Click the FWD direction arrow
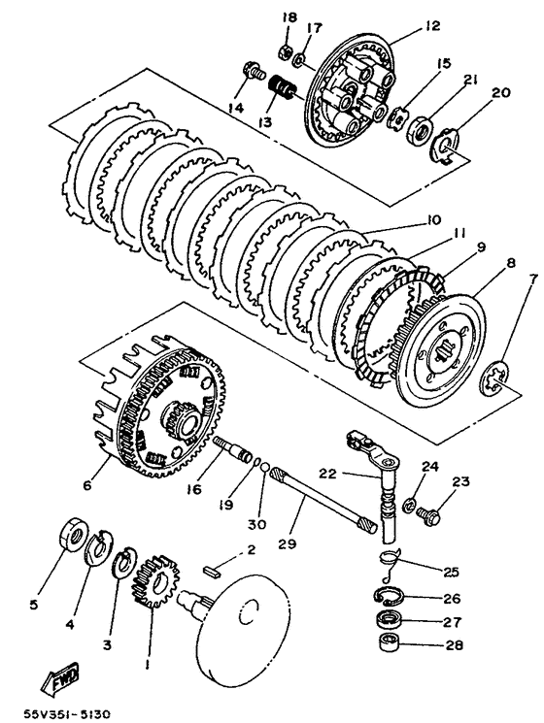coord(60,678)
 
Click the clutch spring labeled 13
coord(282,86)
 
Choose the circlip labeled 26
coord(389,595)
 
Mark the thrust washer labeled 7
coord(494,379)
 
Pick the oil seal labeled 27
coord(390,619)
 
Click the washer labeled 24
coord(410,505)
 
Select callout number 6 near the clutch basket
coord(86,485)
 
